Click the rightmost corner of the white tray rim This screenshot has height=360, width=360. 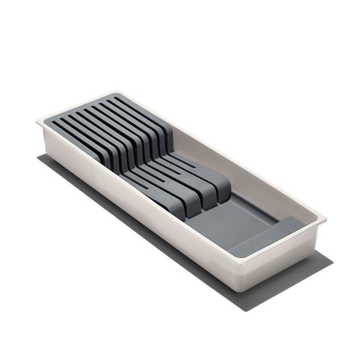(326, 221)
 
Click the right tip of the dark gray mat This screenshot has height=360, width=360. (333, 261)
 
